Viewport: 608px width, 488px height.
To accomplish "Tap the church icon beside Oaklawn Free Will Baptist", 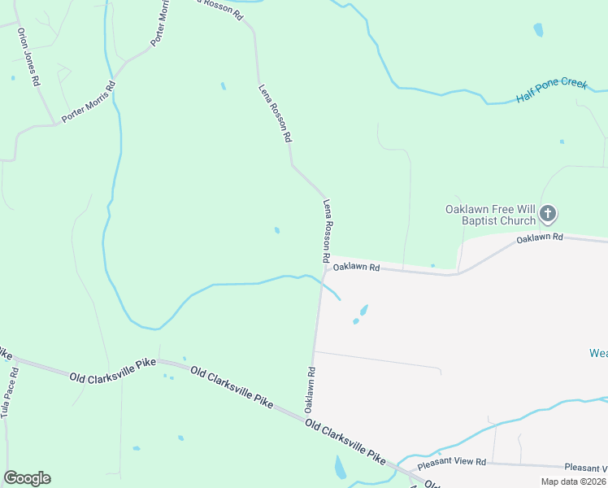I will pyautogui.click(x=548, y=215).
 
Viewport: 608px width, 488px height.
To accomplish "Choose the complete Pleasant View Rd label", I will pyautogui.click(x=451, y=462).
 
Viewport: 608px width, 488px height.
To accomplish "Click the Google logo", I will pyautogui.click(x=27, y=478).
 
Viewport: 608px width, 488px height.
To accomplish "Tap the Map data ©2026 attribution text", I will pyautogui.click(x=573, y=481).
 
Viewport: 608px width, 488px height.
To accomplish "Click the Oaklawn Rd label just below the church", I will pyautogui.click(x=540, y=237).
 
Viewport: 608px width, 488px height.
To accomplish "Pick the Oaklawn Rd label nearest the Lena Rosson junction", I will pyautogui.click(x=356, y=267).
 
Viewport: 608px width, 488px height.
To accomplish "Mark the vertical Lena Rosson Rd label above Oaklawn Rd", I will pyautogui.click(x=326, y=231).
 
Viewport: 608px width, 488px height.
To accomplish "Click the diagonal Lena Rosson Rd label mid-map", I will pyautogui.click(x=275, y=114).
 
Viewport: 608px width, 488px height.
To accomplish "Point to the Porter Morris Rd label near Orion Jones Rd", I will pyautogui.click(x=88, y=102).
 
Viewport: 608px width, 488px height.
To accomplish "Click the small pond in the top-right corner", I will pyautogui.click(x=538, y=30).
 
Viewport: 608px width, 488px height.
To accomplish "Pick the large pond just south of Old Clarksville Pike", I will pyautogui.click(x=341, y=467).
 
